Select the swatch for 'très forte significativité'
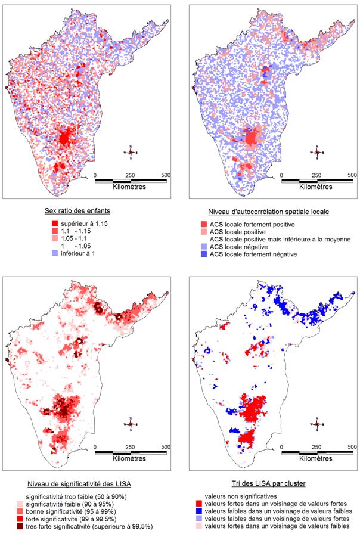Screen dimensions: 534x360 (20, 526)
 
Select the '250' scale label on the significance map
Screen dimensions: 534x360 (131, 446)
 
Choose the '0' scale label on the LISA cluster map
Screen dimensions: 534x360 (278, 446)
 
